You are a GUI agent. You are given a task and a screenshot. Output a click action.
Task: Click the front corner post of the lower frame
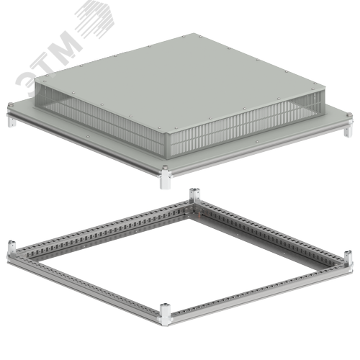pyautogui.click(x=165, y=315)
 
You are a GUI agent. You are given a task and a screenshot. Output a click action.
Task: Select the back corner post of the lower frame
pyautogui.click(x=194, y=196)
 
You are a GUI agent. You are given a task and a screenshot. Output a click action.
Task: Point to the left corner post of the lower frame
pyautogui.click(x=12, y=250)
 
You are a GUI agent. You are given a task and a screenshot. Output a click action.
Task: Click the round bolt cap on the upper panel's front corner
pyautogui.click(x=165, y=167)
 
